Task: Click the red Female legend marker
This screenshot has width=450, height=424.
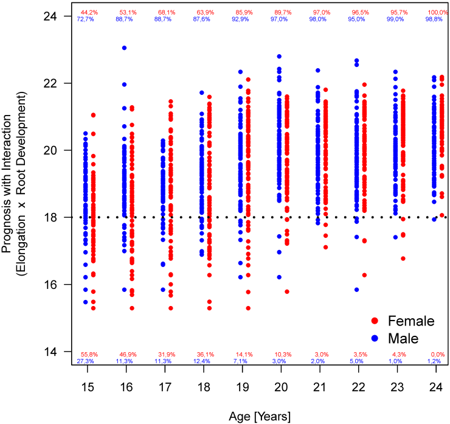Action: click(x=376, y=321)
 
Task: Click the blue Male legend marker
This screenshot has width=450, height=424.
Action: click(x=376, y=336)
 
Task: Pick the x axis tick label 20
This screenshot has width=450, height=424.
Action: click(x=279, y=388)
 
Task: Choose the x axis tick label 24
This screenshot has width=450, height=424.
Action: click(x=434, y=388)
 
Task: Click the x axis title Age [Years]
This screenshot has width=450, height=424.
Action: click(x=260, y=416)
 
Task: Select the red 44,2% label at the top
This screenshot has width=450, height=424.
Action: click(x=89, y=12)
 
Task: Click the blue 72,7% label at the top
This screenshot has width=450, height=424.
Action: click(x=85, y=19)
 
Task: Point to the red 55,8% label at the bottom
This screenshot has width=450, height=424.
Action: click(x=89, y=354)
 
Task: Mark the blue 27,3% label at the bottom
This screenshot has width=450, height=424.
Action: click(x=85, y=361)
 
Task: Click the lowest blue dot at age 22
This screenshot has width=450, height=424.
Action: click(x=356, y=290)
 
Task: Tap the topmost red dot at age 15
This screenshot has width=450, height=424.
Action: click(x=94, y=115)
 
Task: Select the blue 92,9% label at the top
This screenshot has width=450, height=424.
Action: click(x=240, y=19)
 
